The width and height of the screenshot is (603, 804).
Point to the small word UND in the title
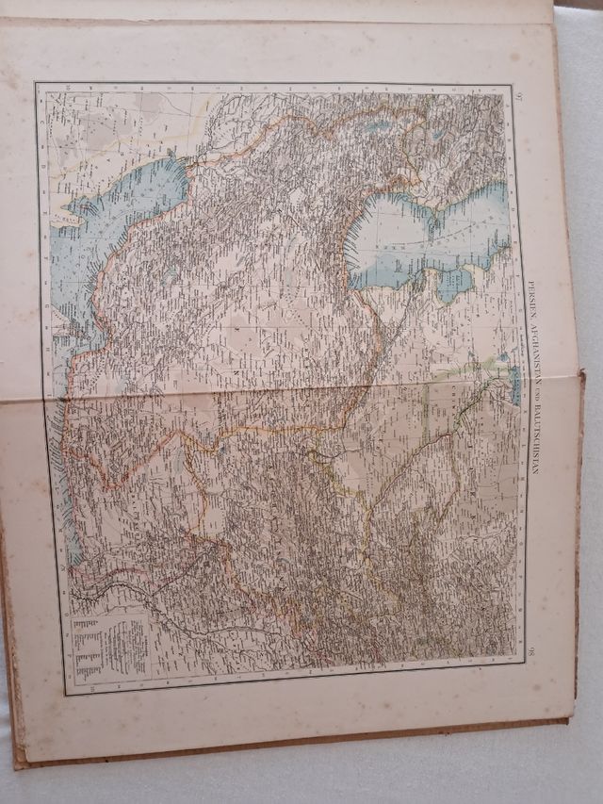point(533,396)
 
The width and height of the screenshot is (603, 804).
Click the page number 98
point(530,650)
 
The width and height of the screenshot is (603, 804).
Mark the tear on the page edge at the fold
point(577,377)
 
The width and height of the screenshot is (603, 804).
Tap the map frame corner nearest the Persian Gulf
point(38,85)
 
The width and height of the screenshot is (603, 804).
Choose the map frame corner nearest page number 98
point(524,664)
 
